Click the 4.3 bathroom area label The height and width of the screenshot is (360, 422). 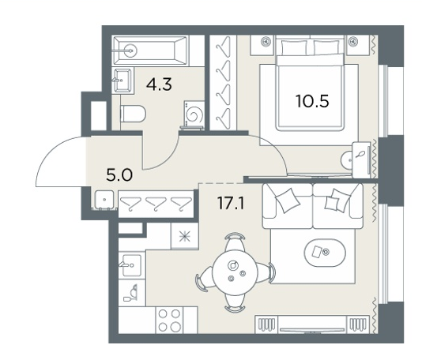[159, 84]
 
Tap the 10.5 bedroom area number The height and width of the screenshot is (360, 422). [312, 101]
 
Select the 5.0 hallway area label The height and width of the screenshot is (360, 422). [119, 175]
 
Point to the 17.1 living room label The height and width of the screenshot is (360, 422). [231, 203]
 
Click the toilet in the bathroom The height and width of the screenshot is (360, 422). [133, 114]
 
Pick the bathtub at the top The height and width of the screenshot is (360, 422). [150, 51]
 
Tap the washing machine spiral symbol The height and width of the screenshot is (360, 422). [194, 115]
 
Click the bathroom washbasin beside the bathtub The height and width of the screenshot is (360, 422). [122, 81]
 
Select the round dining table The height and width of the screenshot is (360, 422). [235, 272]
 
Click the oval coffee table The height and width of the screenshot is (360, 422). [325, 253]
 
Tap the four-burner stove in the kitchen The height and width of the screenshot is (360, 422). [169, 321]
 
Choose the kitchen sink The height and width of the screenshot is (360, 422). [132, 265]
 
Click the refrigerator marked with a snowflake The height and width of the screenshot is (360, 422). [185, 236]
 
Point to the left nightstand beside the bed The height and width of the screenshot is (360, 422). [262, 45]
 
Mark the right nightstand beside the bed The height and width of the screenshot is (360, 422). [358, 45]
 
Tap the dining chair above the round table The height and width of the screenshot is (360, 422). [235, 241]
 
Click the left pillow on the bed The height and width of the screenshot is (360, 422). [294, 47]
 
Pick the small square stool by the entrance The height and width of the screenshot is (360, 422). [104, 200]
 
